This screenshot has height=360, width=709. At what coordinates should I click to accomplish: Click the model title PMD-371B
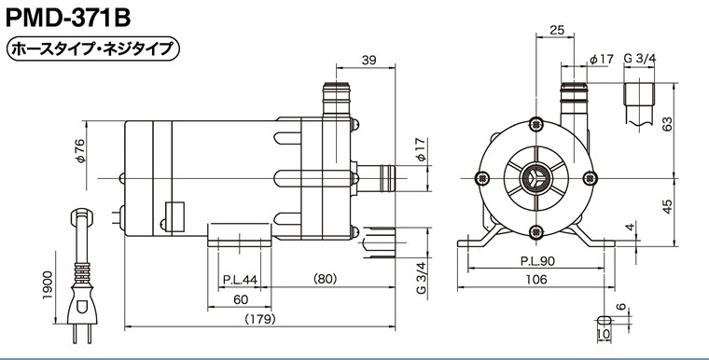[x=68, y=19]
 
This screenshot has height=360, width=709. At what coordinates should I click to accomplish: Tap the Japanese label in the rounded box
[x=93, y=48]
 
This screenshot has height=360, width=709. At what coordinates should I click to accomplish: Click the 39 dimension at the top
[x=369, y=60]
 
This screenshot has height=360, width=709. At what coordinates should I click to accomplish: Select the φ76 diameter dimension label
[x=79, y=150]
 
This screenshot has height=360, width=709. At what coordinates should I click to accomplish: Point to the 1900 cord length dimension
[x=48, y=284]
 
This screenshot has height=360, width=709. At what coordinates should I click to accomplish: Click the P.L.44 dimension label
[x=240, y=280]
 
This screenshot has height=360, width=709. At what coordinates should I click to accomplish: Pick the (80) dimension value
[x=325, y=279]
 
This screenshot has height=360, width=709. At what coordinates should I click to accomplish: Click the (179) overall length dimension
[x=260, y=319]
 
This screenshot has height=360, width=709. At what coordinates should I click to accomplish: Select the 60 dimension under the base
[x=241, y=299]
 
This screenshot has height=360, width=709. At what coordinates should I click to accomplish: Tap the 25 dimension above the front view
[x=557, y=30]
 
